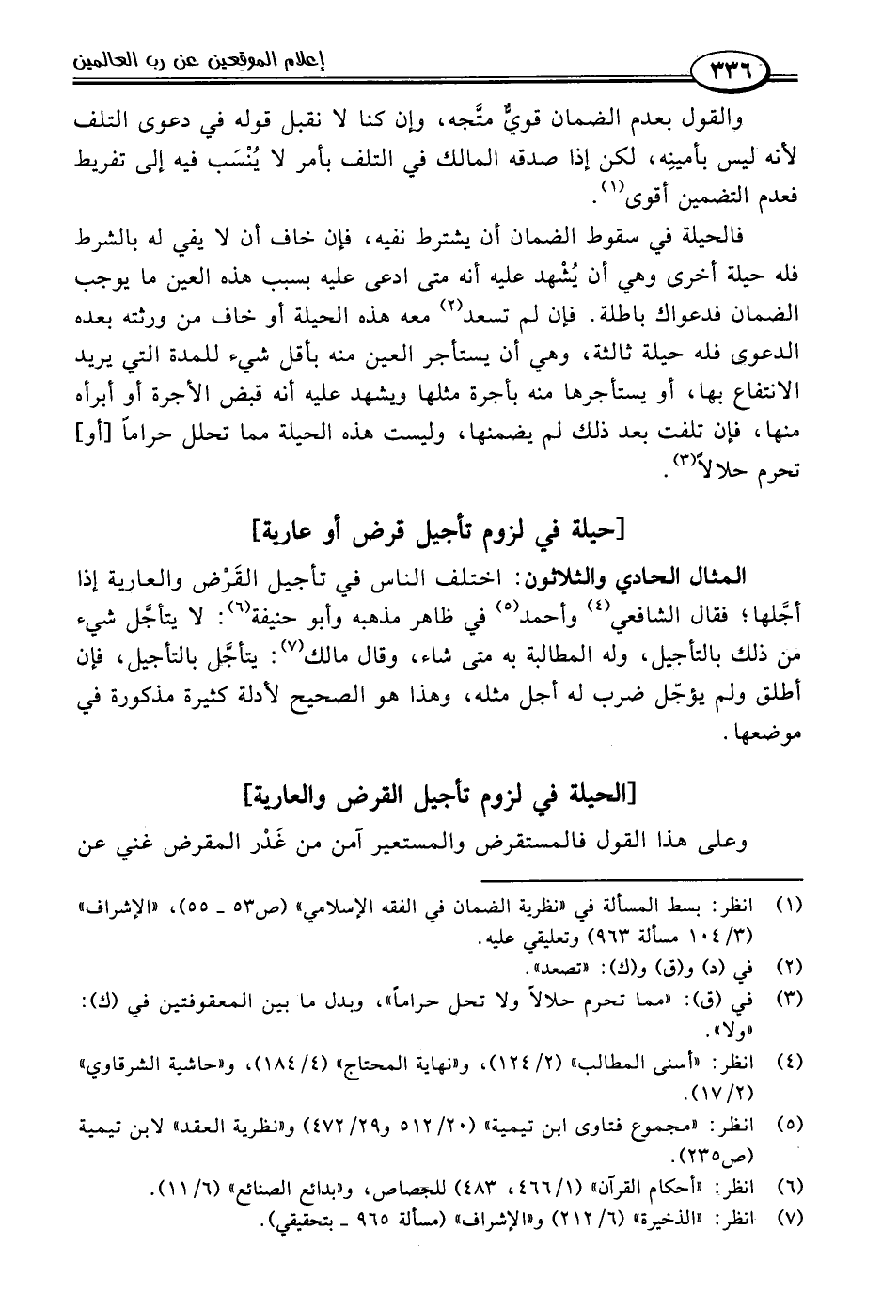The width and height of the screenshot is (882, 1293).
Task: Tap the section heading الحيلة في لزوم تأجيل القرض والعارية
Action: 440,797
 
